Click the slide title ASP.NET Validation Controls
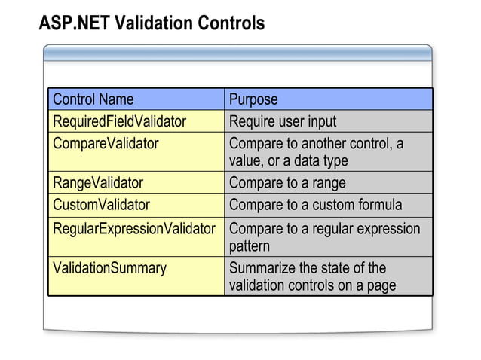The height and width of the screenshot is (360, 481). (x=152, y=24)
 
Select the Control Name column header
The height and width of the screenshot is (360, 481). (x=93, y=99)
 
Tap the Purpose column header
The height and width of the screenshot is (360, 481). (x=253, y=99)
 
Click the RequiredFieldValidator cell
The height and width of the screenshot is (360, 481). (x=119, y=121)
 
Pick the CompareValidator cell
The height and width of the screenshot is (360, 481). (x=106, y=143)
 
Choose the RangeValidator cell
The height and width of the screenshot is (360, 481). (x=98, y=182)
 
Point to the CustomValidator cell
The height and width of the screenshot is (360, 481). (x=101, y=204)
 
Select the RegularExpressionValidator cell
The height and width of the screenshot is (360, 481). (x=134, y=228)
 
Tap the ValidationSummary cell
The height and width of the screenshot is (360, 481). (x=109, y=267)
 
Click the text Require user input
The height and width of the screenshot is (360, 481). (x=283, y=121)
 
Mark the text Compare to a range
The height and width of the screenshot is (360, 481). (x=287, y=182)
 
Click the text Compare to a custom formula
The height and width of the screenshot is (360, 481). (x=315, y=204)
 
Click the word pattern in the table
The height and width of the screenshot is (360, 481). (x=249, y=246)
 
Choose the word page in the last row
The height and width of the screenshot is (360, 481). (x=380, y=286)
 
